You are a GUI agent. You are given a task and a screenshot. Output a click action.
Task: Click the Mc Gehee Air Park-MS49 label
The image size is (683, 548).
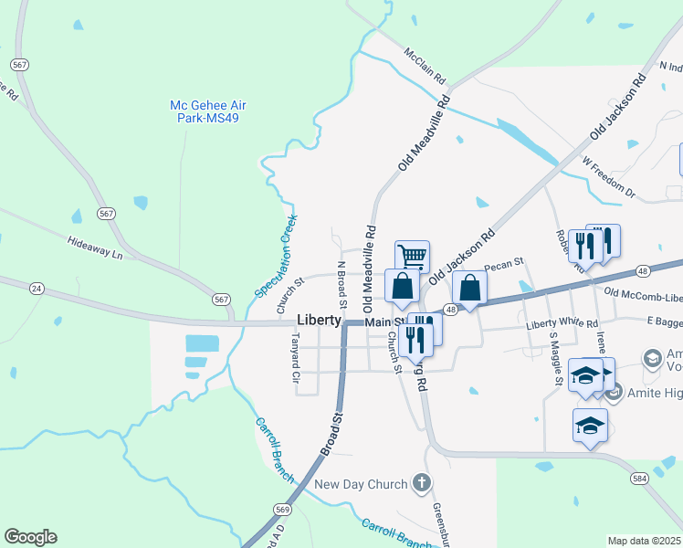(208, 112)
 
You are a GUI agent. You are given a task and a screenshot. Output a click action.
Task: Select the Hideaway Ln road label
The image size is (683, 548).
(94, 248)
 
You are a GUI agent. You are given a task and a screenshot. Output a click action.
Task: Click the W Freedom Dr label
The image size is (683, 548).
(608, 177)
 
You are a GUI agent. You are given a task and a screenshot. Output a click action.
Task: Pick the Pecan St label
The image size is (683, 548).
(503, 266)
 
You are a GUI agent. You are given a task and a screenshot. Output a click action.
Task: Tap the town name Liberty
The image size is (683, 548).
(320, 321)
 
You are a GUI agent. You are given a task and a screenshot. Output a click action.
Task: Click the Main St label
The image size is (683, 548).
(384, 322)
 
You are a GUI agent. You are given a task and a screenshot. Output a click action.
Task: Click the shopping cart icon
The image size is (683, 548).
(412, 256)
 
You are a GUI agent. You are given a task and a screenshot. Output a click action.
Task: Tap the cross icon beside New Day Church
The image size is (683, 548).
(421, 481)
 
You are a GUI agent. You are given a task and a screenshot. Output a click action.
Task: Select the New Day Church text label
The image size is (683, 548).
(361, 483)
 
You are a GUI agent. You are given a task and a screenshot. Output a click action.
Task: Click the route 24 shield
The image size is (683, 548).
(37, 288)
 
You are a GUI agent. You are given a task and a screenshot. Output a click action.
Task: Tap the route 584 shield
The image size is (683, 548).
(638, 478)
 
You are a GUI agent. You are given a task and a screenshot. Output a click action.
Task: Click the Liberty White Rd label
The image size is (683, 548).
(562, 324)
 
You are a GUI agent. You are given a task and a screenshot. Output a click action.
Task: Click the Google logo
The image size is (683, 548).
(30, 537)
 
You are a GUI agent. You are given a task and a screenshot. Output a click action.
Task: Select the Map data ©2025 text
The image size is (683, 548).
(645, 541)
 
